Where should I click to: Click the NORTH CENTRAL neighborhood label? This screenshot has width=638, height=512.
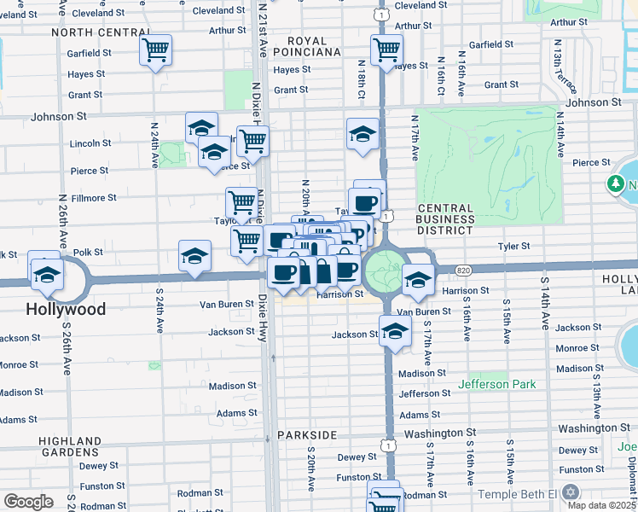(92, 32)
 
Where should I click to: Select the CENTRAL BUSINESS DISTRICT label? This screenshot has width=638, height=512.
(446, 219)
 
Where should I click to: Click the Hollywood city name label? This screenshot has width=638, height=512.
(66, 309)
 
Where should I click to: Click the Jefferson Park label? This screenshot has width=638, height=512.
(497, 385)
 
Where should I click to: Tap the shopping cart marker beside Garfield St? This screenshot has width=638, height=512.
(156, 51)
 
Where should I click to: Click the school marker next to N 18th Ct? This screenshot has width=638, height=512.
(362, 134)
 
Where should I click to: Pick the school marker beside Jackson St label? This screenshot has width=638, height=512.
(395, 333)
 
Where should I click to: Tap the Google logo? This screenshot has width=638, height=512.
(28, 501)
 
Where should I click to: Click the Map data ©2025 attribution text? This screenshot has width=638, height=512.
(600, 505)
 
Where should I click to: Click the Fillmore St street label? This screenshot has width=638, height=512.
(93, 198)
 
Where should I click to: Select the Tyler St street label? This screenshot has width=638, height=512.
(513, 246)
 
